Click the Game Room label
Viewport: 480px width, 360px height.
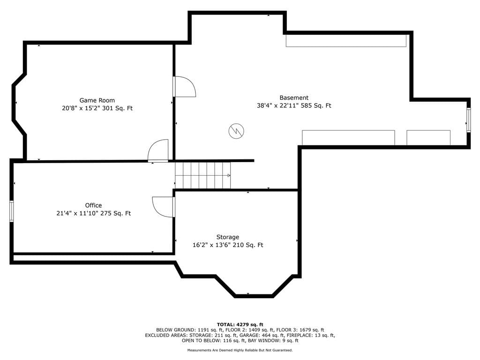pos(97,100)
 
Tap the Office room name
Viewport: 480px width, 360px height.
pos(93,205)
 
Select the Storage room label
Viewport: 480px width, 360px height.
pos(228,237)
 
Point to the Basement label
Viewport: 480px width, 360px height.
pos(294,97)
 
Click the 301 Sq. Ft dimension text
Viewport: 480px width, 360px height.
pos(117,108)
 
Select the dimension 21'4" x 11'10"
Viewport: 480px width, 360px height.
pos(77,213)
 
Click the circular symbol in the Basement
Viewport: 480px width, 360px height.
pos(236,131)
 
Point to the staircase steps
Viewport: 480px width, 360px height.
pos(202,175)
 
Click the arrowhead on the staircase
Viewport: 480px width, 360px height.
pos(229,175)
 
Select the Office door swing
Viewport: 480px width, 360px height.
pos(164,207)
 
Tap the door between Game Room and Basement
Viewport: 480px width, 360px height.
pos(184,87)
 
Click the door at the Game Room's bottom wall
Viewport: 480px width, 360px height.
pos(158,150)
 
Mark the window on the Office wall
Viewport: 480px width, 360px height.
pos(11,211)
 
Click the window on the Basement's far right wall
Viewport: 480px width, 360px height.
pos(468,120)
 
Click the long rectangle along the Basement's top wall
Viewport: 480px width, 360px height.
pos(346,41)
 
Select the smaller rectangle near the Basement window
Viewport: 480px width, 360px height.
pos(428,138)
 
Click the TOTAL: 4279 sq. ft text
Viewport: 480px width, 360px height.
pos(240,324)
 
